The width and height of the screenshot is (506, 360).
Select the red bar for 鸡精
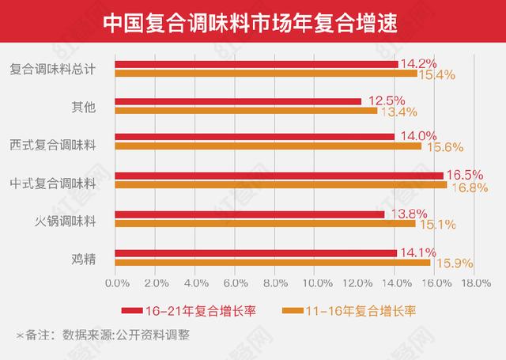pyautogui.click(x=256, y=253)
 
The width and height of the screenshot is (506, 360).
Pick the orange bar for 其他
pyautogui.click(x=246, y=110)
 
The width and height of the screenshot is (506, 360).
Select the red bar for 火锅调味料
pyautogui.click(x=250, y=214)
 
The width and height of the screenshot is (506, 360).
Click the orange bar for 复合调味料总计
pyautogui.click(x=266, y=74)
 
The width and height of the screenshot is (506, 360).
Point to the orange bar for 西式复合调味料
pyautogui.click(x=268, y=146)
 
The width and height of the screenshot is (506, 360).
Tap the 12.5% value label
pyautogui.click(x=383, y=100)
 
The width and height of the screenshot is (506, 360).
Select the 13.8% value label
pyautogui.click(x=405, y=214)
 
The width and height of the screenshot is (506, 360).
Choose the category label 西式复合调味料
pyautogui.click(x=53, y=145)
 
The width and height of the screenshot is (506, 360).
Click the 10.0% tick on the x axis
pyautogui.click(x=314, y=283)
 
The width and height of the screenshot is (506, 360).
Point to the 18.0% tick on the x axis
pyautogui.click(x=475, y=283)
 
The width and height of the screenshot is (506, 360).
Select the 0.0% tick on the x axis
pyautogui.click(x=116, y=283)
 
